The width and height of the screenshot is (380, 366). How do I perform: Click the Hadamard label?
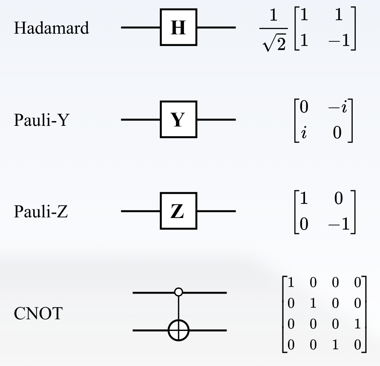tap(52, 28)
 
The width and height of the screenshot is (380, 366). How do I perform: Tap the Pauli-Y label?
tap(41, 120)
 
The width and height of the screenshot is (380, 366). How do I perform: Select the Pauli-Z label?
tap(40, 212)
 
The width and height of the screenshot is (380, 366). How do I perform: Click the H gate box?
tap(178, 28)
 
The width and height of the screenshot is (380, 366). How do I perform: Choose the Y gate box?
tap(178, 119)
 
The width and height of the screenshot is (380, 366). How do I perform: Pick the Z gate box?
tap(178, 211)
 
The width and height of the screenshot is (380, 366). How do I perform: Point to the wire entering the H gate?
tap(141, 28)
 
